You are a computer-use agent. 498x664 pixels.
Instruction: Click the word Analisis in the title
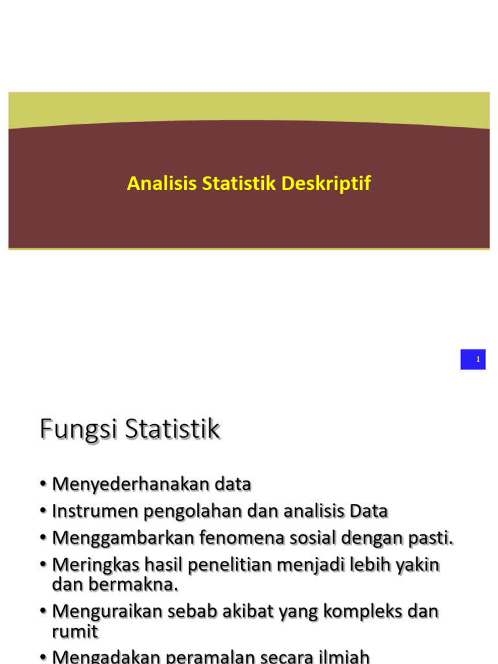coord(162,184)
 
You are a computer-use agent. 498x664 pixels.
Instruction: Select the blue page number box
coord(473,359)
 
